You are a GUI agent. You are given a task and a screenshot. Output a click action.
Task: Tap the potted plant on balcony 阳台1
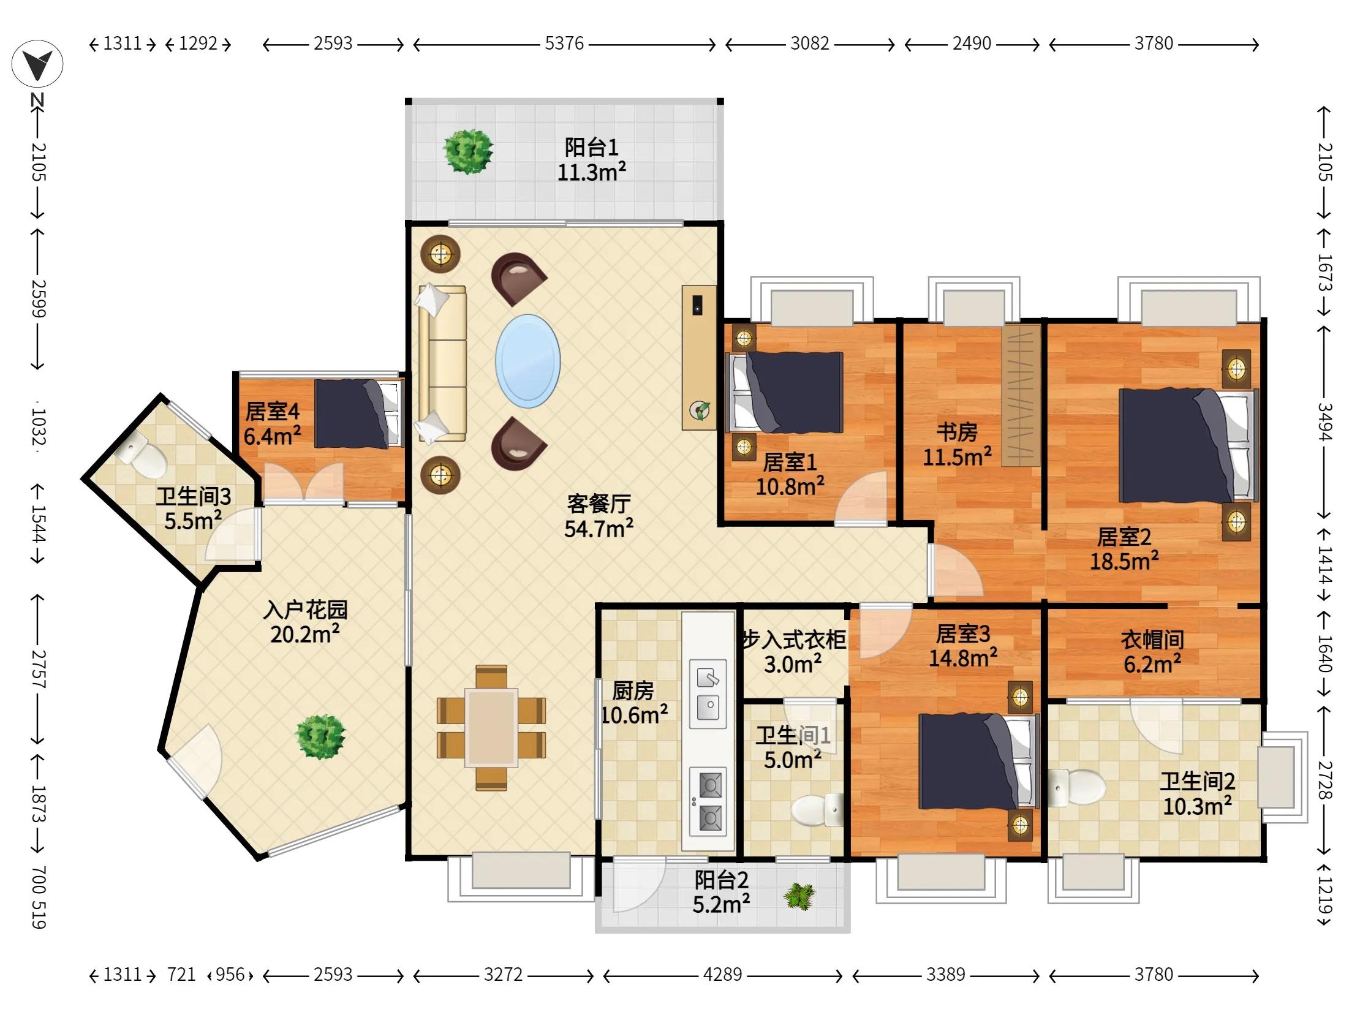(x=468, y=151)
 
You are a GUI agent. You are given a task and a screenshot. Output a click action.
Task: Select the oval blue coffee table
(x=527, y=361)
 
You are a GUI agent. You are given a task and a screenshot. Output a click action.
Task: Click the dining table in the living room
(x=491, y=727)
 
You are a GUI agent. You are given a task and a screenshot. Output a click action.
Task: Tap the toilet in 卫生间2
(x=1076, y=787)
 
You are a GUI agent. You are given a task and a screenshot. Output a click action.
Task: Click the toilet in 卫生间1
(x=817, y=810)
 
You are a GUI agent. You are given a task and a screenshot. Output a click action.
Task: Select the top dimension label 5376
(x=564, y=43)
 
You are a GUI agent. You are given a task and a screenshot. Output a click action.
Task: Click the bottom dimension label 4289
(x=722, y=975)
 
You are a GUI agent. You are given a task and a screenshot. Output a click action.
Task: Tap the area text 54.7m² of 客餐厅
(x=599, y=527)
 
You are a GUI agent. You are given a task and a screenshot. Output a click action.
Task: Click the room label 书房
(x=957, y=433)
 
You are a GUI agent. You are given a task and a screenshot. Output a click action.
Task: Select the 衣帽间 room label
(x=1152, y=640)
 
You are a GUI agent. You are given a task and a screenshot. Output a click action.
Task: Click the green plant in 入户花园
(x=320, y=736)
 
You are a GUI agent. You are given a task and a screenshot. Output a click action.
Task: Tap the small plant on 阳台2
(x=799, y=896)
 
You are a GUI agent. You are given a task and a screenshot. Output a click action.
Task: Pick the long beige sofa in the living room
(x=442, y=363)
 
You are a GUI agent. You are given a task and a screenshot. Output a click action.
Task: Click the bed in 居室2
(x=1187, y=446)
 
